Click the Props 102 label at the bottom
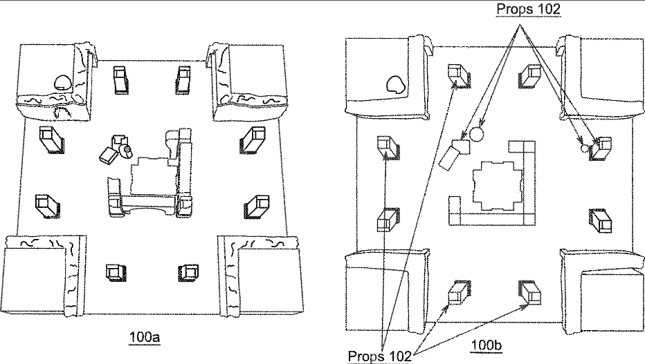379,354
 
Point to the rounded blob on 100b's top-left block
397,86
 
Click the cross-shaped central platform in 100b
496,186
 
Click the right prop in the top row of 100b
531,75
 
